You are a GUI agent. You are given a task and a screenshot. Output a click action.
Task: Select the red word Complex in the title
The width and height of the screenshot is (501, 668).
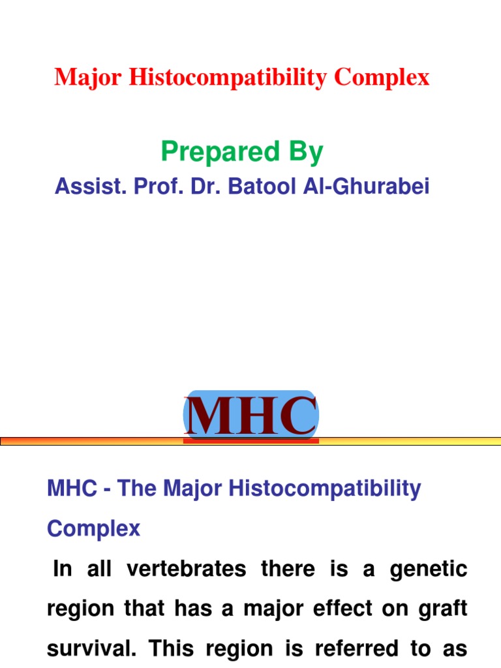[x=382, y=78]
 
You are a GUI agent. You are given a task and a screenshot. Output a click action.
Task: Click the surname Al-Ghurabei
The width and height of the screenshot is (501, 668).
[x=370, y=187]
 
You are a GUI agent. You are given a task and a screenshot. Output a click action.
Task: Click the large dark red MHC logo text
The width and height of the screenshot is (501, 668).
[x=251, y=416]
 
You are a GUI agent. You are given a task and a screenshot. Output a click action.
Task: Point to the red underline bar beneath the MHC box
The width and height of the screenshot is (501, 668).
[x=251, y=442]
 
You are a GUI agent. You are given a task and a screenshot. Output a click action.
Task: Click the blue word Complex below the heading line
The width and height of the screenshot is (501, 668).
[x=93, y=528]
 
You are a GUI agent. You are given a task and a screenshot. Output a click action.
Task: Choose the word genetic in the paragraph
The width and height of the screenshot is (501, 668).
[x=429, y=569]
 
